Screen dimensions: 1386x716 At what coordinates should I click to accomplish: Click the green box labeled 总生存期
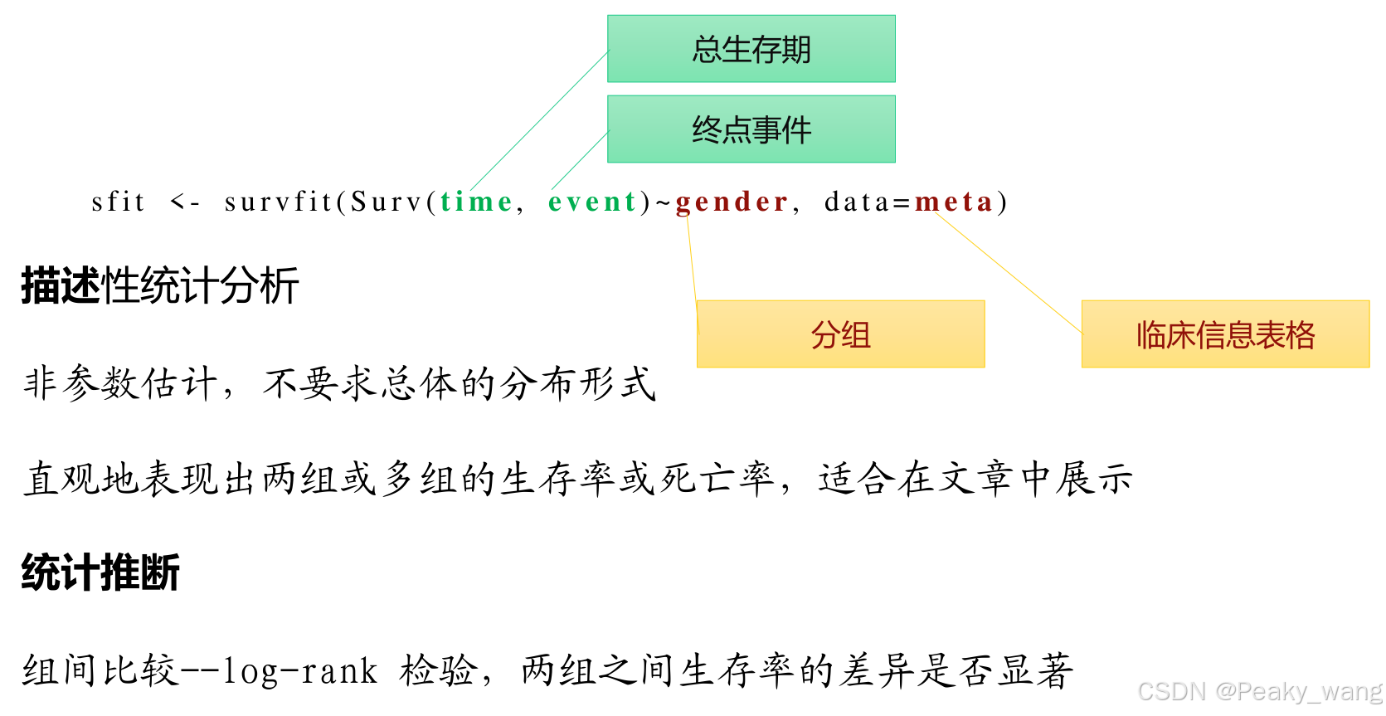[751, 49]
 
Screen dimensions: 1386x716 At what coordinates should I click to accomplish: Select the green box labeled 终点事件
[751, 129]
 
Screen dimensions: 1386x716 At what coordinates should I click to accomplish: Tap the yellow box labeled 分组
[840, 334]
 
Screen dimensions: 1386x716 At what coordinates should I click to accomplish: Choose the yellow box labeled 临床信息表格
[1225, 334]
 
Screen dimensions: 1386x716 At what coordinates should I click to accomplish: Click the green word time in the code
[476, 202]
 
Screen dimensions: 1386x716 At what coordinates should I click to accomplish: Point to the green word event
[592, 202]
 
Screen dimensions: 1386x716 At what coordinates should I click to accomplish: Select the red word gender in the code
[732, 202]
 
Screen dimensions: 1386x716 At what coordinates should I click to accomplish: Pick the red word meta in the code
[954, 202]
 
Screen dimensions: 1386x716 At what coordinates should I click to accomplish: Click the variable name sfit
[118, 202]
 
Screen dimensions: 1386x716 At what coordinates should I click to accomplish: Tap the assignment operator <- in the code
[184, 202]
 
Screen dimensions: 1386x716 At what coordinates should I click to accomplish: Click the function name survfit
[278, 202]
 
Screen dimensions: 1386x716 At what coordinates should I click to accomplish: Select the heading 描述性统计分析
[159, 286]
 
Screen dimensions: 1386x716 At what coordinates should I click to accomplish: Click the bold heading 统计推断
[100, 573]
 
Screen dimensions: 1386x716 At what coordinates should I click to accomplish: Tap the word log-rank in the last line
[300, 671]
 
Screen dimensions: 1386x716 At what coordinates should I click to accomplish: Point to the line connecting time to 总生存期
[539, 120]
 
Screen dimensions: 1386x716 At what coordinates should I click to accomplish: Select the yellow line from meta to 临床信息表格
[1008, 274]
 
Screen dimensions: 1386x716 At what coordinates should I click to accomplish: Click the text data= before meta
[868, 202]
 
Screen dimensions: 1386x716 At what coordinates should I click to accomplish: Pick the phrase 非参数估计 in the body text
[120, 383]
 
